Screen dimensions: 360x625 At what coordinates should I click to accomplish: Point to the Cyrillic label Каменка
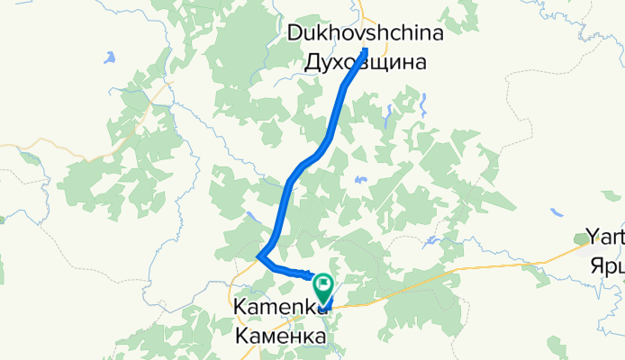click(x=280, y=337)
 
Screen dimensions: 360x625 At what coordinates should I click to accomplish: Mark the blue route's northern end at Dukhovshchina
click(x=366, y=49)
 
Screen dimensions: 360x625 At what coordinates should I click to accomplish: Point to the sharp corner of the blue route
click(x=260, y=256)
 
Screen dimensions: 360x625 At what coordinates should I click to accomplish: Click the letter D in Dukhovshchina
click(x=294, y=33)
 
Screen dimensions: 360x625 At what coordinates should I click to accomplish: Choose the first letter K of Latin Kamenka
click(x=240, y=308)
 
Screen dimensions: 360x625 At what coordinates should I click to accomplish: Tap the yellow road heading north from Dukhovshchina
click(x=362, y=11)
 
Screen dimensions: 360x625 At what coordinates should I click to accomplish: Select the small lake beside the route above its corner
click(x=250, y=215)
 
